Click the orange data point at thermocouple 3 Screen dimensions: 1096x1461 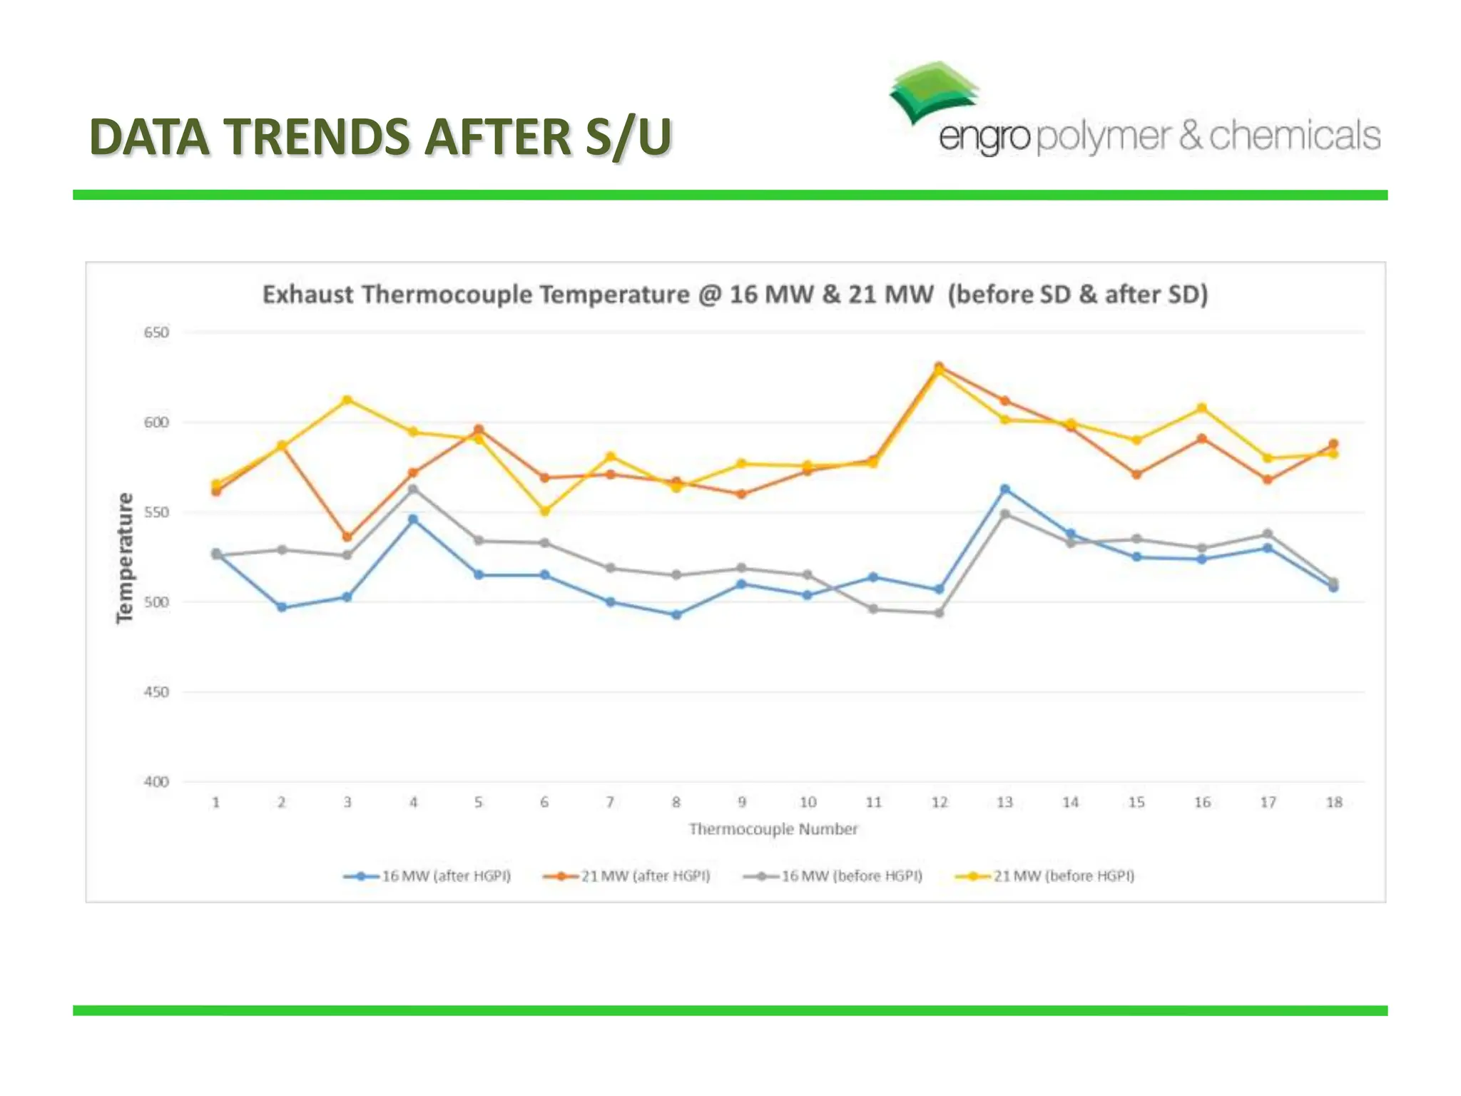347,537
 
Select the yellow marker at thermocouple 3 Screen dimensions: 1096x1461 347,400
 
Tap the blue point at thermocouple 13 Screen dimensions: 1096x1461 1005,489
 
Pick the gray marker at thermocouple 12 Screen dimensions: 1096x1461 940,613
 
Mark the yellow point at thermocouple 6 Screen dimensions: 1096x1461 545,512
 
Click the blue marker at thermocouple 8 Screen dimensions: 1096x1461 676,614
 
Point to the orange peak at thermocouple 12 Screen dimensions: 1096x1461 940,367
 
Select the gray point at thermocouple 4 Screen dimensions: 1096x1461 413,489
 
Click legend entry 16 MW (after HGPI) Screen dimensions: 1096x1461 428,876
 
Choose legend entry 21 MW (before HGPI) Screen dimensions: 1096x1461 1046,876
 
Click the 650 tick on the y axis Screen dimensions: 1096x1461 156,333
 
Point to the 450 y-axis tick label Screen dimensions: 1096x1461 156,692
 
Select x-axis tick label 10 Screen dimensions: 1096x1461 808,803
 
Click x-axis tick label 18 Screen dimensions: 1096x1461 1333,803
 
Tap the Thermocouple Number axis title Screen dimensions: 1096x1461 773,829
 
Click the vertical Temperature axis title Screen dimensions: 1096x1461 126,558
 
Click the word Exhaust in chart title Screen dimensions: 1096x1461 307,295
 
